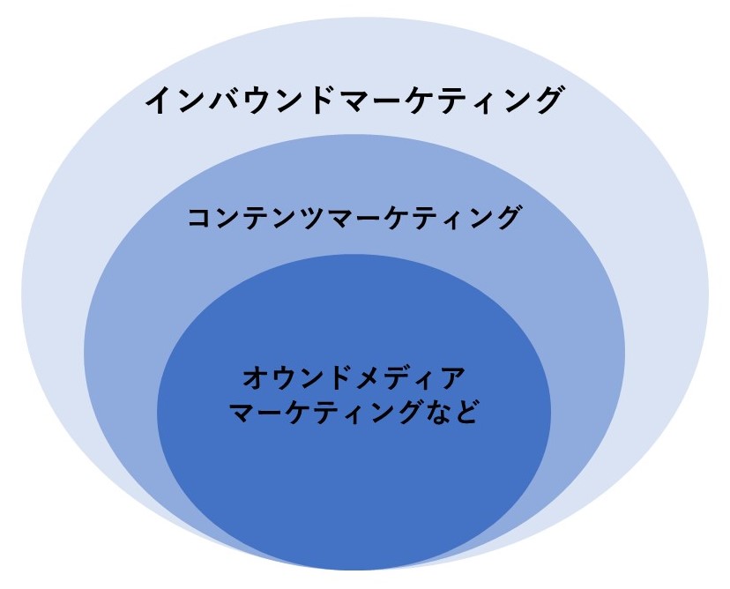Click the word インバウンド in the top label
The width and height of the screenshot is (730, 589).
[x=240, y=100]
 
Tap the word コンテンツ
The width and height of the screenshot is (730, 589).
[x=257, y=218]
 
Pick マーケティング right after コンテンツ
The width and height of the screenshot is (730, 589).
[x=423, y=218]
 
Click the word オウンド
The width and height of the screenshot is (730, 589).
[x=297, y=377]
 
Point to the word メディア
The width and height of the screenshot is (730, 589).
[x=410, y=377]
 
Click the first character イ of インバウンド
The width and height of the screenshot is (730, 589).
[x=161, y=100]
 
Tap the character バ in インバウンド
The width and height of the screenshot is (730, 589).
[x=226, y=100]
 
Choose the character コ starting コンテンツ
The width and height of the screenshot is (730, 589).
[x=200, y=218]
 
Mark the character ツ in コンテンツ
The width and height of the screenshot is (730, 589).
[x=313, y=218]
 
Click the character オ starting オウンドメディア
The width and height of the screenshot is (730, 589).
[x=256, y=377]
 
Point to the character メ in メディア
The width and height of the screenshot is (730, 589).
[x=369, y=377]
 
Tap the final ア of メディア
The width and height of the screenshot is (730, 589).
[x=451, y=377]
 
